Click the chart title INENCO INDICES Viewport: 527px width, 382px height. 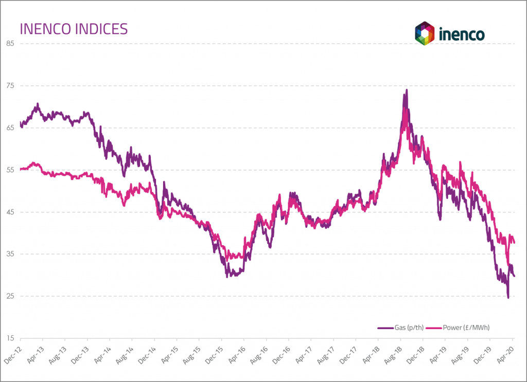[x=73, y=29]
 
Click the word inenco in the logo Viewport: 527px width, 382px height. [x=462, y=34]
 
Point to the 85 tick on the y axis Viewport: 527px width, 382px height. [x=10, y=43]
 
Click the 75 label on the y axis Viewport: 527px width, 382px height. [x=10, y=85]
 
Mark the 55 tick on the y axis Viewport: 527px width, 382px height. [x=10, y=170]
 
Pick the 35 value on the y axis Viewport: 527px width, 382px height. [x=10, y=254]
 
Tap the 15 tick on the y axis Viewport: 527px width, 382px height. [x=10, y=338]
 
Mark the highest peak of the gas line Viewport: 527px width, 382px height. [x=407, y=90]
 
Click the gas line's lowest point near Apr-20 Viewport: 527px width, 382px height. [x=508, y=297]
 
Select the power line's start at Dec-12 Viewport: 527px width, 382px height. [x=21, y=169]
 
